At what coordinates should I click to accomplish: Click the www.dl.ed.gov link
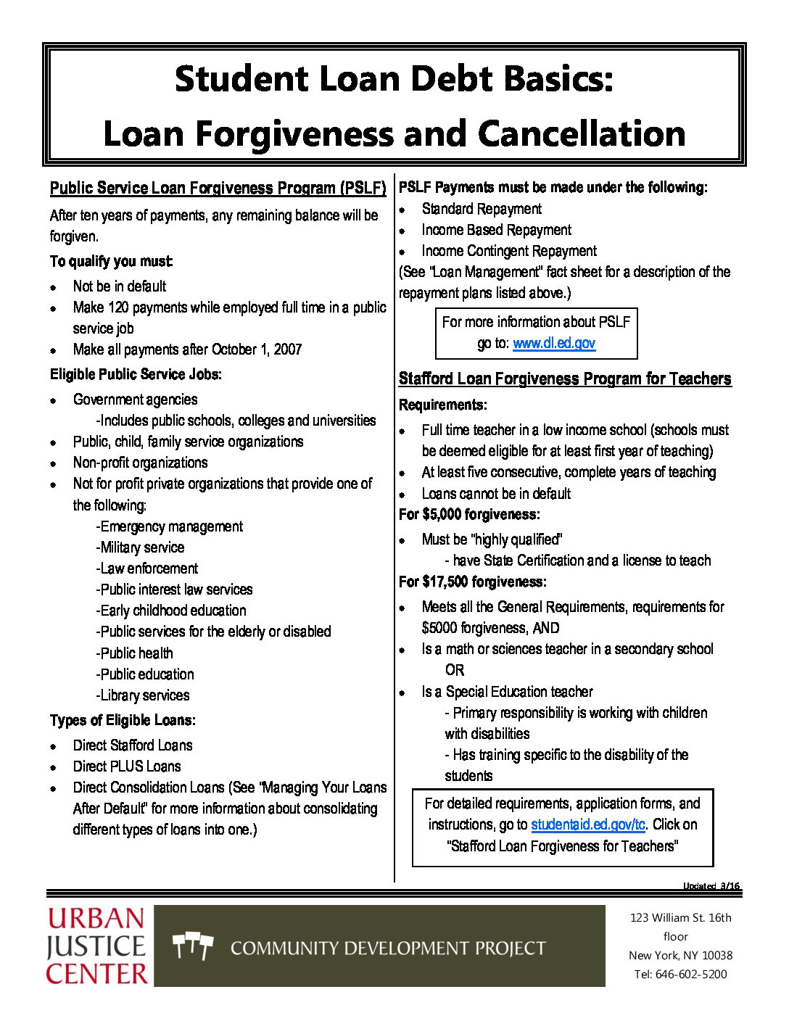tap(554, 343)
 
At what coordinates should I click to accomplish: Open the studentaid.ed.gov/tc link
tap(587, 824)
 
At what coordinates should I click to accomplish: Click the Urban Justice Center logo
tap(96, 946)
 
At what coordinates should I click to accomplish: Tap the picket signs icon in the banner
tap(193, 946)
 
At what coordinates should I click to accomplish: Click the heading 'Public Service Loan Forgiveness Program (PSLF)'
tap(218, 189)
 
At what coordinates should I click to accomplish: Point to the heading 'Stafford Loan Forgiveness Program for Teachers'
tap(565, 379)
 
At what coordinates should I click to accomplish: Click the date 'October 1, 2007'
tap(257, 350)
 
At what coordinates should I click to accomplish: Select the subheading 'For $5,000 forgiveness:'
tap(469, 515)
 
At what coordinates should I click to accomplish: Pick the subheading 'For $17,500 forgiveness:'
tap(473, 582)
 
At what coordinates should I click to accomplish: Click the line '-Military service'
tap(140, 547)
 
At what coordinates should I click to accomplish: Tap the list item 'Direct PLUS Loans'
tap(127, 766)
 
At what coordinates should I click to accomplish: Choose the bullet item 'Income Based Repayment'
tap(496, 230)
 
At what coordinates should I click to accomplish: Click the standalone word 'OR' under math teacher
tap(455, 670)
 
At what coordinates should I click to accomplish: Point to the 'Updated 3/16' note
tap(711, 886)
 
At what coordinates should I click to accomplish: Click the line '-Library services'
tap(143, 695)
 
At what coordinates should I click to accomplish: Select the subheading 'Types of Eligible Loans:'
tap(123, 720)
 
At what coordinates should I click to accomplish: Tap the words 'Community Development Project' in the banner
tap(388, 948)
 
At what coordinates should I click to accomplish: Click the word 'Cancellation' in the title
tap(581, 133)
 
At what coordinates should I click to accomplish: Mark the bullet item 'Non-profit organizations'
tap(140, 463)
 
